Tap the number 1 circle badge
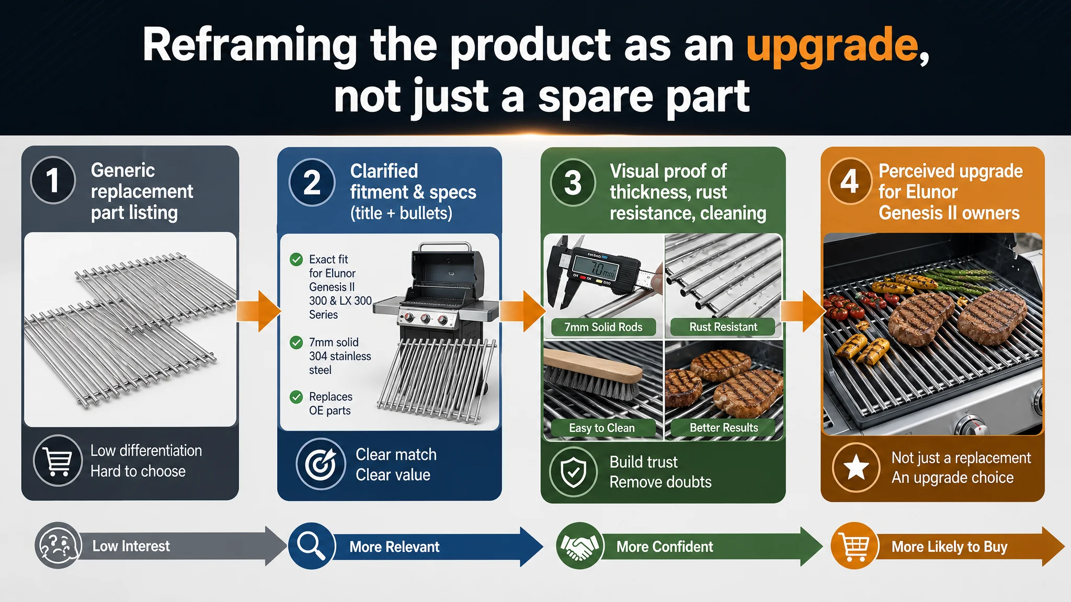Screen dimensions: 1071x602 [53, 180]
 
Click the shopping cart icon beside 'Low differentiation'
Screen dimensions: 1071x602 [58, 460]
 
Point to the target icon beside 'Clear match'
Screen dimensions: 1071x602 [321, 464]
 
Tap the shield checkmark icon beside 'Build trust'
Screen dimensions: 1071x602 [574, 471]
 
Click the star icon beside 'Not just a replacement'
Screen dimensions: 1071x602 [857, 467]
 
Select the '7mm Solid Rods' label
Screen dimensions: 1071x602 [603, 327]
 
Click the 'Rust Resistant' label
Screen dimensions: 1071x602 [723, 327]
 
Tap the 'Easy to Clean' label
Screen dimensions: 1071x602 [602, 428]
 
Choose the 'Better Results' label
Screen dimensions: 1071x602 [724, 427]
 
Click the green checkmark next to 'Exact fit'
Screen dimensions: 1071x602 [297, 259]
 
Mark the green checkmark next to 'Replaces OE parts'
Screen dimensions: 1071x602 [297, 397]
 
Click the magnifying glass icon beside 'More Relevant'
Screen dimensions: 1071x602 [312, 546]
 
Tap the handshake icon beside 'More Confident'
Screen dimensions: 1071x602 [579, 546]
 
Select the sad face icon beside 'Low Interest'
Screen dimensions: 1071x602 [59, 546]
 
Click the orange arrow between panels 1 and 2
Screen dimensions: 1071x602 [259, 311]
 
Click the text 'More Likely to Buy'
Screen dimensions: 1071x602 [949, 547]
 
